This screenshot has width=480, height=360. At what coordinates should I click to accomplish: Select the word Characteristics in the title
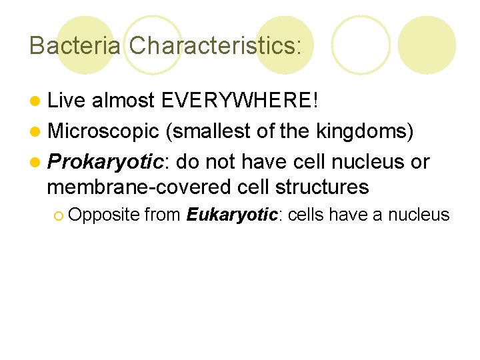click(214, 45)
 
